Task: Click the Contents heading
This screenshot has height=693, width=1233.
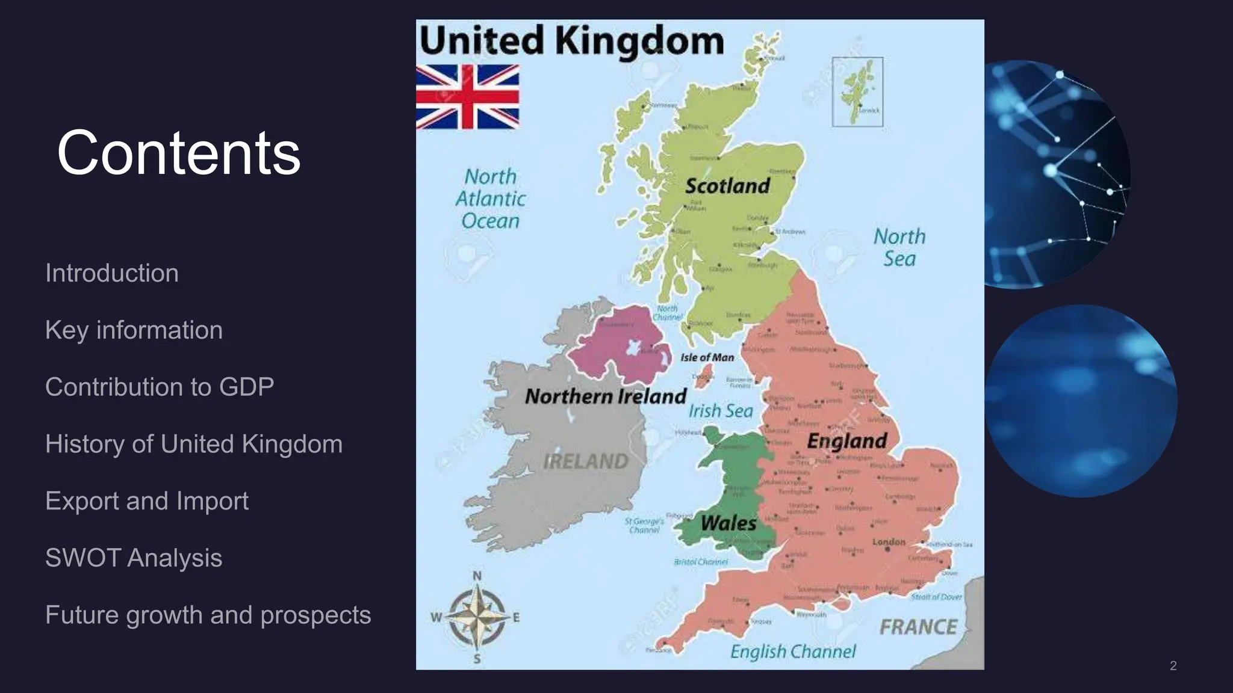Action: pos(179,153)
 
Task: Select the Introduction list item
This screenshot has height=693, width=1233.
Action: pos(112,273)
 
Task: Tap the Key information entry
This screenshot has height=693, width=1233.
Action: pos(134,330)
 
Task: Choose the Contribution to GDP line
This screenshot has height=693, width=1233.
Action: pos(160,387)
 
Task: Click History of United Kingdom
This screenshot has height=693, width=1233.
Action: pos(194,444)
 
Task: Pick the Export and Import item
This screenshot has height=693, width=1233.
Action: pos(147,501)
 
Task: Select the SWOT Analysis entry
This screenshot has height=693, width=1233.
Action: pos(134,558)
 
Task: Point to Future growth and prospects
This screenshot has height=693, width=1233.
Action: pos(208,615)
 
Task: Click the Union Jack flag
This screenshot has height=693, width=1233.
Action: pos(468,97)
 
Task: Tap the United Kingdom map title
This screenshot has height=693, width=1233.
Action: pos(571,41)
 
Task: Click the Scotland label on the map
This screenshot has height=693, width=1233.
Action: pos(727,186)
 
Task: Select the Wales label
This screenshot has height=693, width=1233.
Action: pos(728,523)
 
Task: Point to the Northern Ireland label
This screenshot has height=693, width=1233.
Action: pos(605,396)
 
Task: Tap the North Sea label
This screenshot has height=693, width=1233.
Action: pos(899,247)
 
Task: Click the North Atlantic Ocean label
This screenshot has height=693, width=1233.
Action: pos(490,199)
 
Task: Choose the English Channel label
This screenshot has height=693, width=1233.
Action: pos(793,651)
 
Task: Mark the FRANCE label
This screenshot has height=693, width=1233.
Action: pos(918,627)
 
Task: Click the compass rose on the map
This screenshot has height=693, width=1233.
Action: pos(477,618)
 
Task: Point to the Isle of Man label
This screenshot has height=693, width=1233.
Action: pos(707,357)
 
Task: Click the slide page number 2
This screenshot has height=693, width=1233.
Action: pos(1173,665)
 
